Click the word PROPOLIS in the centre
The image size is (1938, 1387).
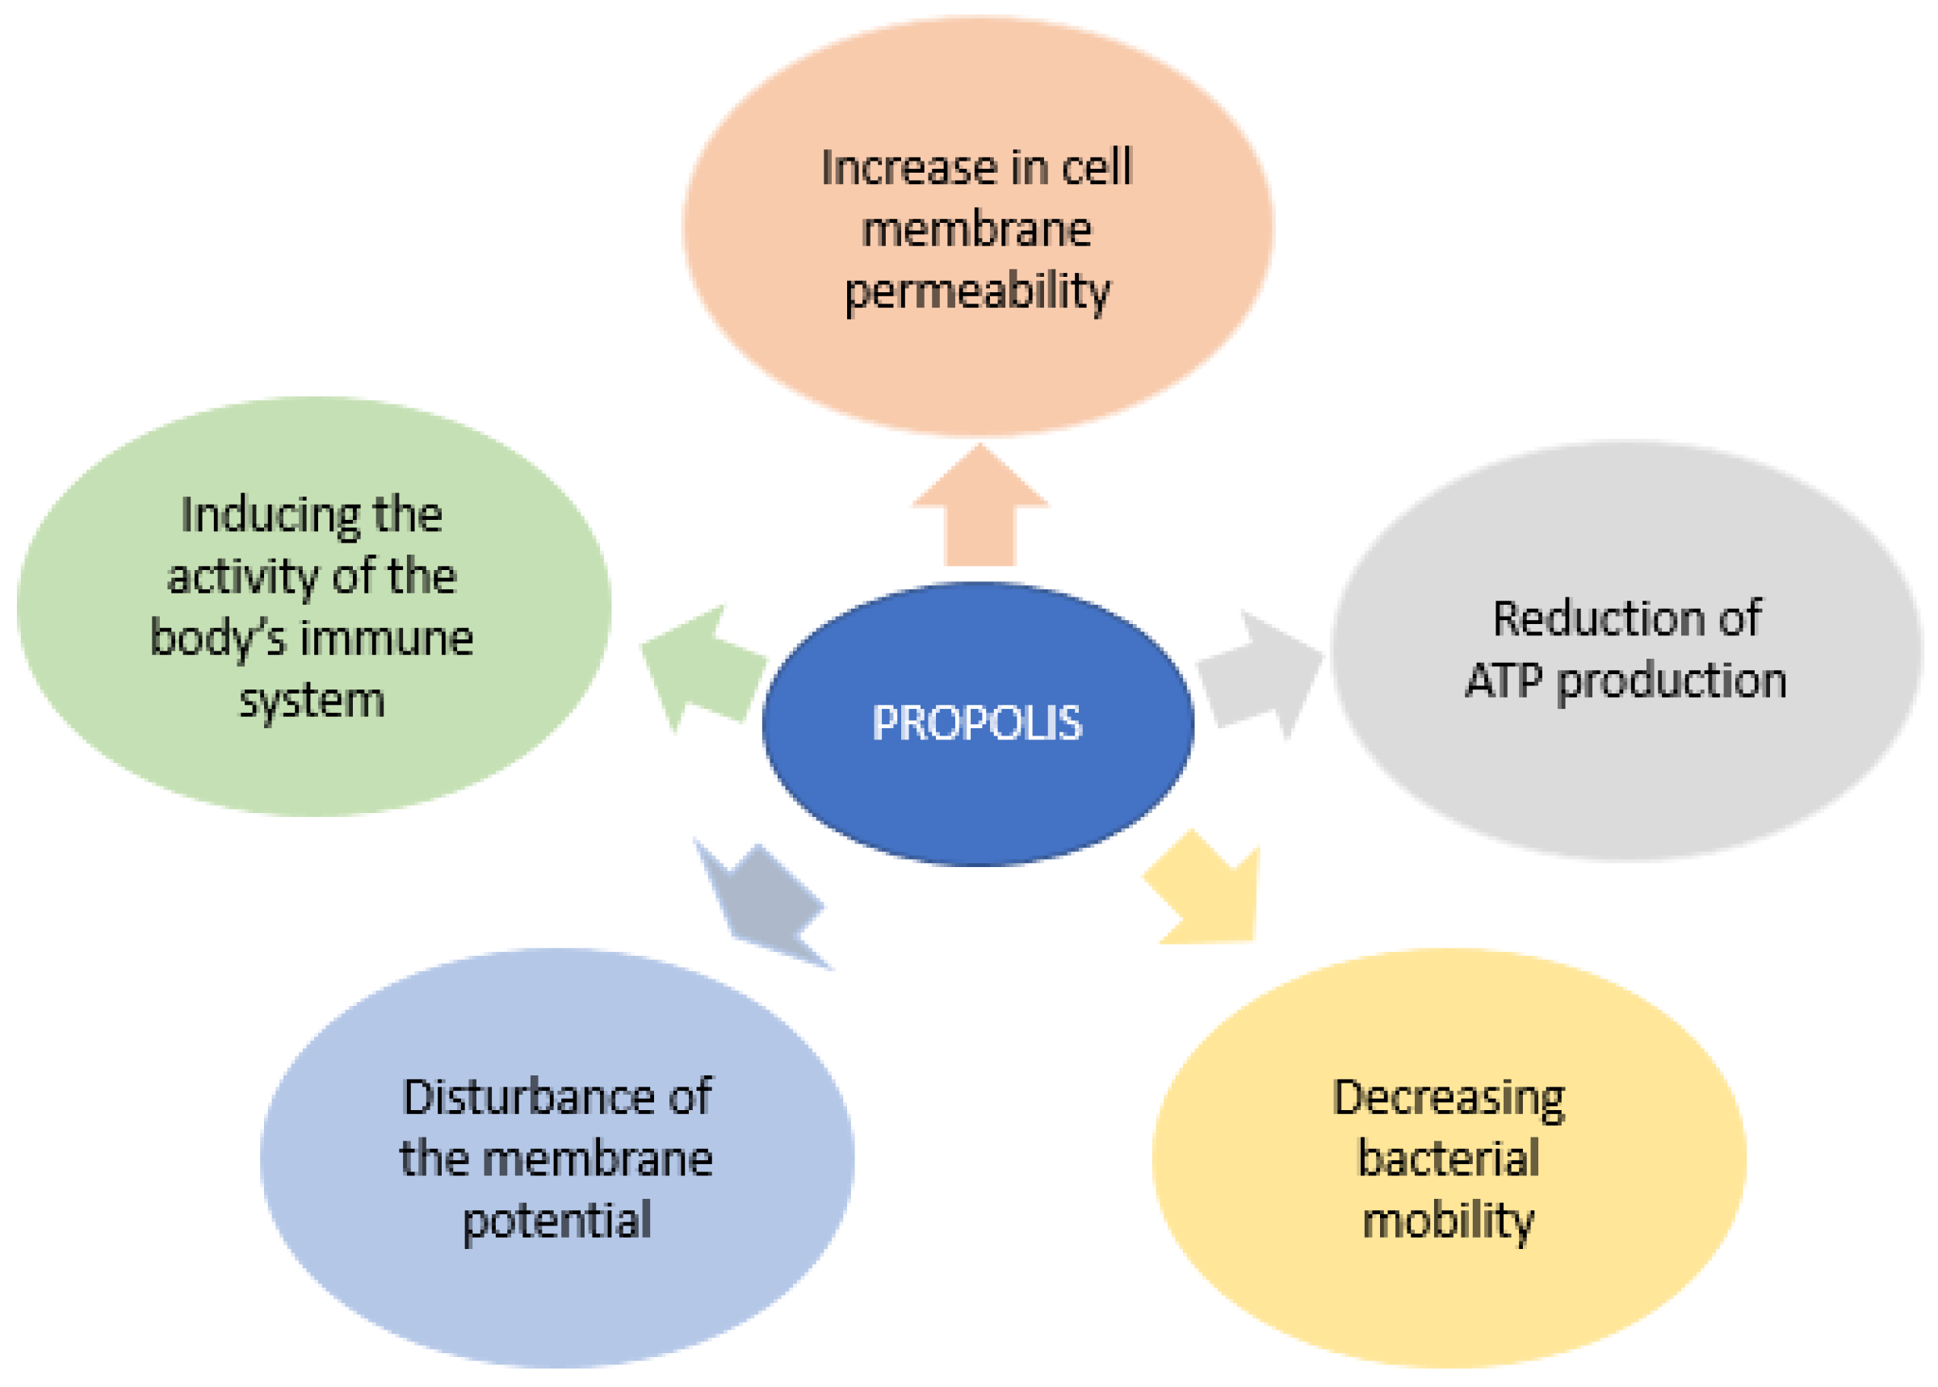pyautogui.click(x=976, y=723)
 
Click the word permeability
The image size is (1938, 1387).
pyautogui.click(x=977, y=292)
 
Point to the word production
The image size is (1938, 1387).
pyautogui.click(x=1671, y=681)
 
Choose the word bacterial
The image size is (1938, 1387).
pyautogui.click(x=1449, y=1159)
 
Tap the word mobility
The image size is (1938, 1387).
pyautogui.click(x=1449, y=1221)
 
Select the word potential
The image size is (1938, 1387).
pyautogui.click(x=557, y=1221)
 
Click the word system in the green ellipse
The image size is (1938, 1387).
pyautogui.click(x=312, y=702)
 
